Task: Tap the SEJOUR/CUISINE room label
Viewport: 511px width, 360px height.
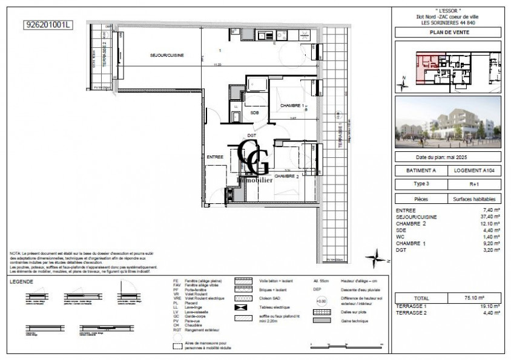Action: pos(166,56)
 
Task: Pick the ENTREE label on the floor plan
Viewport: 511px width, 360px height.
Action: pos(215,157)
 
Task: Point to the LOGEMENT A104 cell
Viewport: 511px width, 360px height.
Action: pos(476,172)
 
